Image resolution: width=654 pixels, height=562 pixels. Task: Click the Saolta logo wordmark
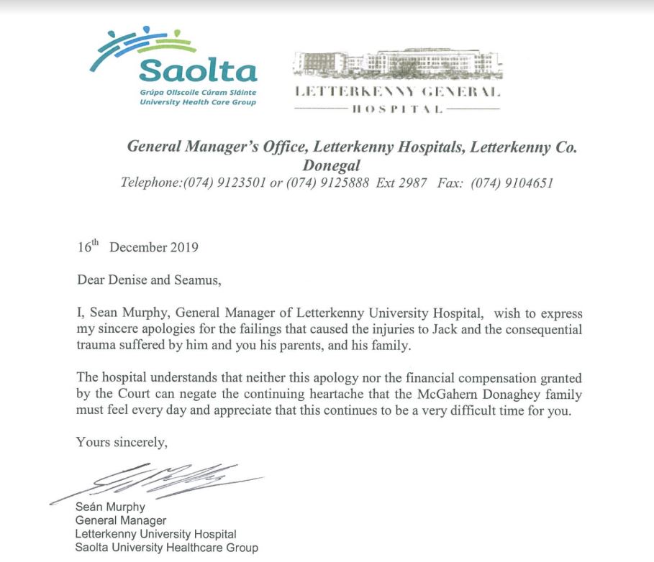[198, 71]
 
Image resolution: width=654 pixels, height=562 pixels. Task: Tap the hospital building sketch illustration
[398, 64]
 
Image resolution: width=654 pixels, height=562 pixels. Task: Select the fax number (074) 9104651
[512, 183]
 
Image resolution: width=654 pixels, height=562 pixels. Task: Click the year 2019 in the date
[183, 248]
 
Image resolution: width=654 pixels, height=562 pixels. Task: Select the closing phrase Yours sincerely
[122, 443]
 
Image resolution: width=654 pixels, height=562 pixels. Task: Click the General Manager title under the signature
[121, 520]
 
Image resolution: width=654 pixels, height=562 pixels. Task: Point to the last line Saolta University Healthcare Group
[166, 548]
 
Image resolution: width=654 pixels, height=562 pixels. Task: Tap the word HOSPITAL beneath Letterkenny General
[398, 109]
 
